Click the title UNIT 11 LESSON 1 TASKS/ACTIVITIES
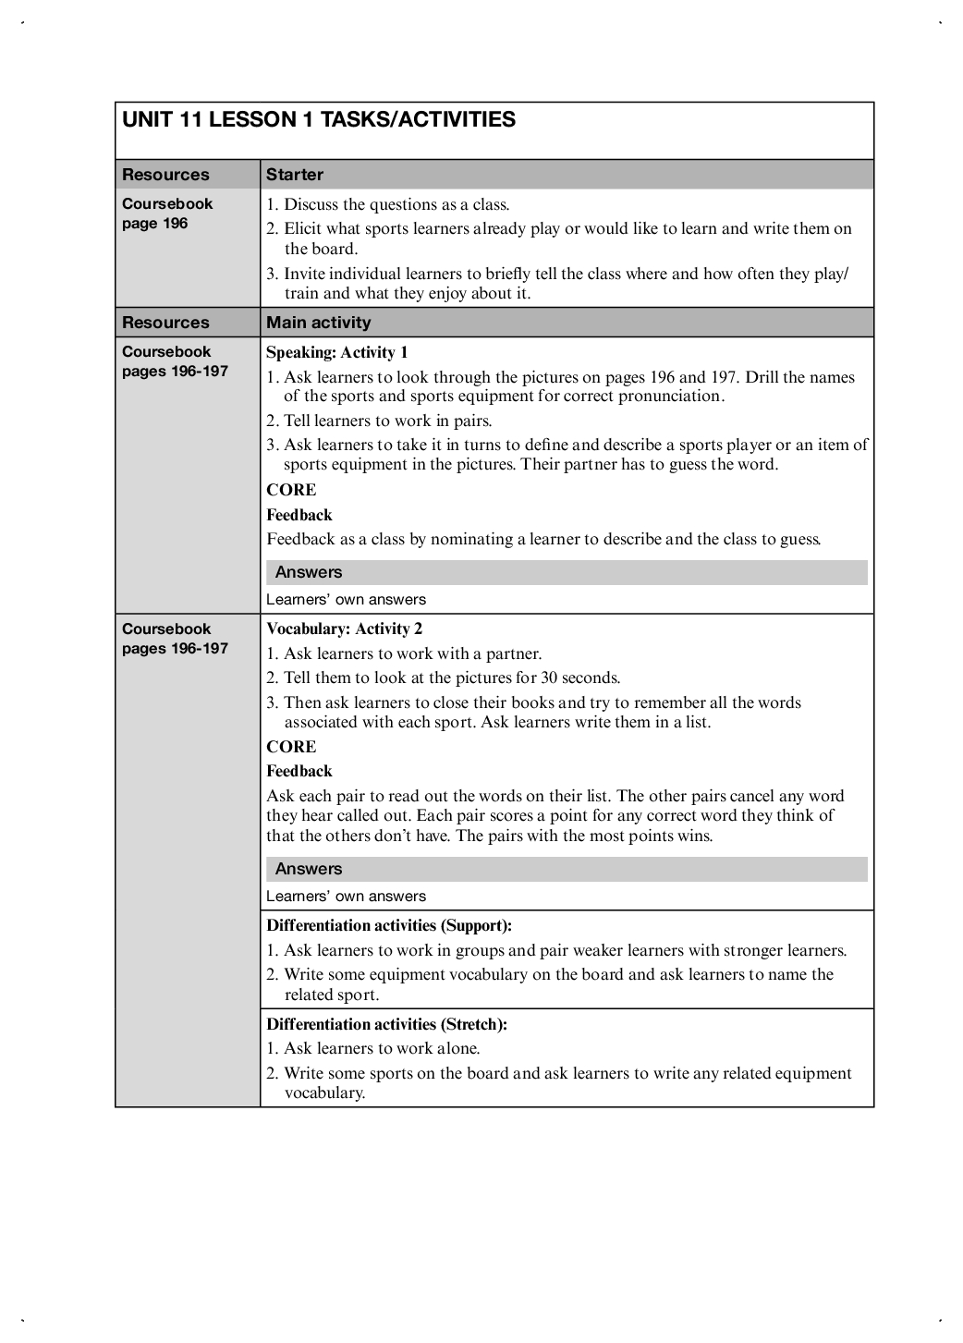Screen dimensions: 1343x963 (x=319, y=120)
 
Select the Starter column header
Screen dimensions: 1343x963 (x=295, y=175)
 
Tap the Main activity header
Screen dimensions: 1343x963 (x=319, y=323)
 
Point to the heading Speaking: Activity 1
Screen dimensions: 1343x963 (x=337, y=352)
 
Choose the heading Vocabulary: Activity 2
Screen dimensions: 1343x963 (x=345, y=629)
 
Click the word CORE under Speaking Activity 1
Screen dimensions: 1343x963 (x=291, y=491)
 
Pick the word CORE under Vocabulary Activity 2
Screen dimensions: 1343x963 (x=291, y=747)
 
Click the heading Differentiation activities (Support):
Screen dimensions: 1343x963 (x=389, y=925)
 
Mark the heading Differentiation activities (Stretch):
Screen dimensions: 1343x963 (x=387, y=1024)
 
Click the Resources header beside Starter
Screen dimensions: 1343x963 (x=166, y=175)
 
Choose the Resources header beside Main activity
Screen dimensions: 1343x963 (x=166, y=323)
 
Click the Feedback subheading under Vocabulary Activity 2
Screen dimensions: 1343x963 (x=299, y=771)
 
